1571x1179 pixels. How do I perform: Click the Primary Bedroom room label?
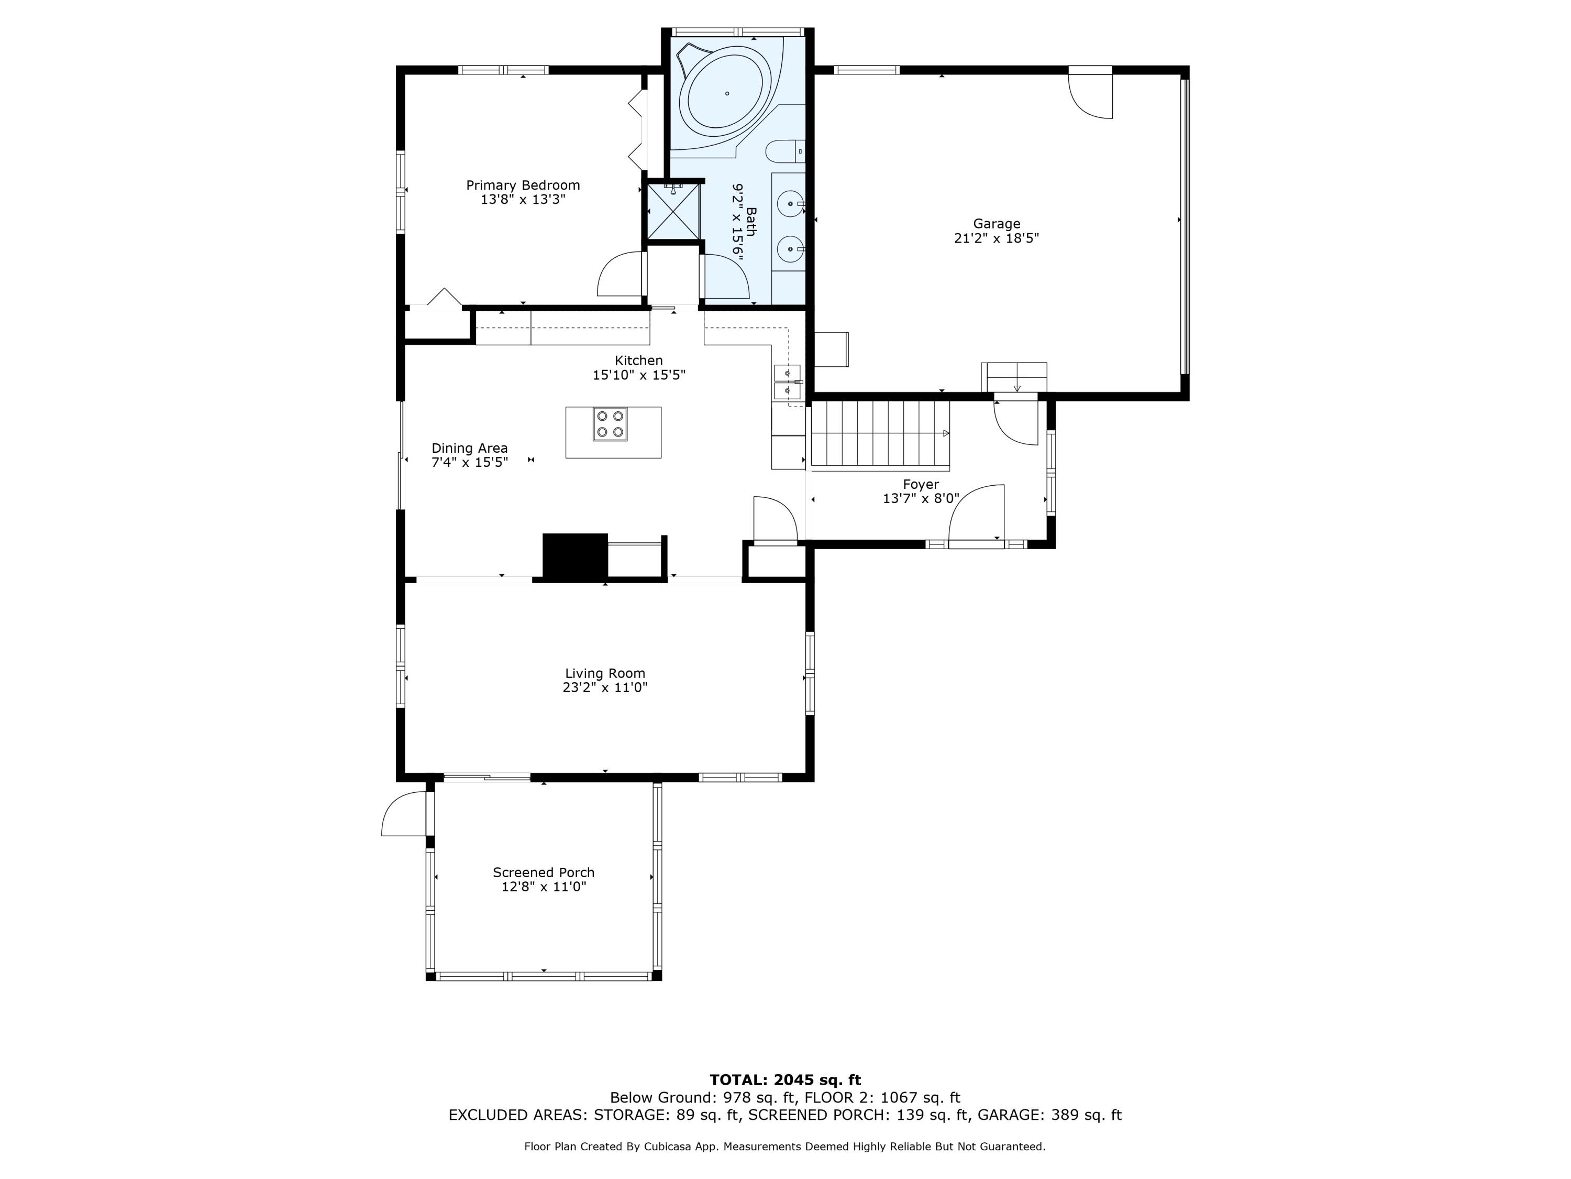(x=523, y=185)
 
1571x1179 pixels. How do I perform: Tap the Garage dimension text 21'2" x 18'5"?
(x=997, y=238)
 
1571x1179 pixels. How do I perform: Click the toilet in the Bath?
(x=786, y=151)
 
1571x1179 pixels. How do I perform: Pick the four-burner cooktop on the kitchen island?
(x=610, y=423)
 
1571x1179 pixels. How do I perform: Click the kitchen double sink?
(x=788, y=381)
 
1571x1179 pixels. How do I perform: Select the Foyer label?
(x=921, y=485)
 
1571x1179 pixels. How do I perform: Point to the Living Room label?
(x=605, y=673)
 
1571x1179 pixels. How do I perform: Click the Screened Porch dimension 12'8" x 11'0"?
(x=544, y=887)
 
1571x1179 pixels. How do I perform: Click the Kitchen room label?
(x=638, y=361)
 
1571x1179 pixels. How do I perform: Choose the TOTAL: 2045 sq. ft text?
(x=785, y=1080)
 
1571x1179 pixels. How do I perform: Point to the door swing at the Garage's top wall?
(x=1091, y=96)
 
